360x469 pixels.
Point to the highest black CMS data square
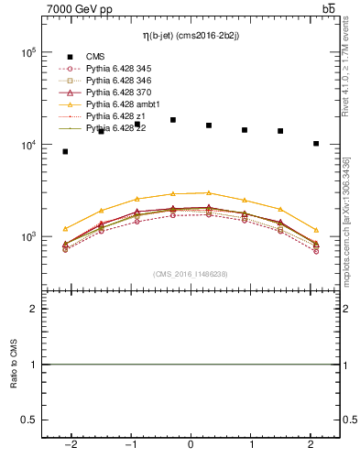point(173,120)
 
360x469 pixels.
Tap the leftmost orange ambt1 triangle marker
point(65,228)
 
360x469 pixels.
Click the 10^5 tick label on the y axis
point(27,52)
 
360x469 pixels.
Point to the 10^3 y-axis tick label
point(27,236)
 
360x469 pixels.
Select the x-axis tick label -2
point(70,443)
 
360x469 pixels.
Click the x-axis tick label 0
point(191,443)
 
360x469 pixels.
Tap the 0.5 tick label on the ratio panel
point(29,420)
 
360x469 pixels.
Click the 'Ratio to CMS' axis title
point(13,365)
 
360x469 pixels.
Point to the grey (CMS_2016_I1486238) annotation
point(190,274)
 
